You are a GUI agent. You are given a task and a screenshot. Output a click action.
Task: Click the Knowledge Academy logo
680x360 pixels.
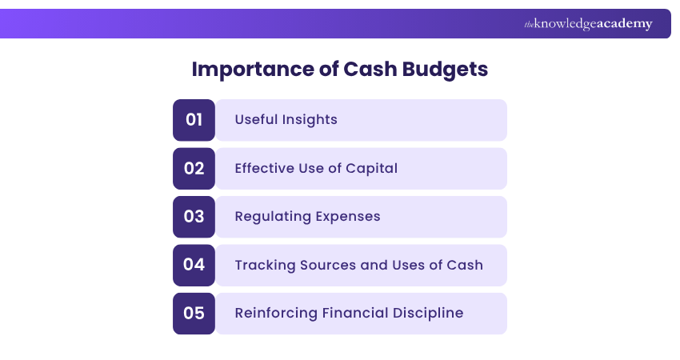[588, 24]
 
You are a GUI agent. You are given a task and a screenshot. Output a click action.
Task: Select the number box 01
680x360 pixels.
[194, 120]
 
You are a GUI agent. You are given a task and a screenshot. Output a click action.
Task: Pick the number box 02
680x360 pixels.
[194, 168]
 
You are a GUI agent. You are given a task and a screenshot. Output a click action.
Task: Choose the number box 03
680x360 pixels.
[194, 217]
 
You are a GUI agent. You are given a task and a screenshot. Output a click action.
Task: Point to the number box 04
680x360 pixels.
[194, 265]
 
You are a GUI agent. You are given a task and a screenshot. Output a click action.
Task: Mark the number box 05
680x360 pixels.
[194, 313]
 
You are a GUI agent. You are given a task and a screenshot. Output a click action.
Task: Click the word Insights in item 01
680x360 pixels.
[310, 120]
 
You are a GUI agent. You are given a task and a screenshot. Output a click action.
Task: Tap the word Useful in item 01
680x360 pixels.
[256, 120]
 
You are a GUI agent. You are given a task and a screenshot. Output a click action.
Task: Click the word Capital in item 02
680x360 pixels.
[370, 169]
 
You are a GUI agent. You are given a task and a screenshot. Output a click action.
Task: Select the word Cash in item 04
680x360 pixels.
[466, 265]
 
